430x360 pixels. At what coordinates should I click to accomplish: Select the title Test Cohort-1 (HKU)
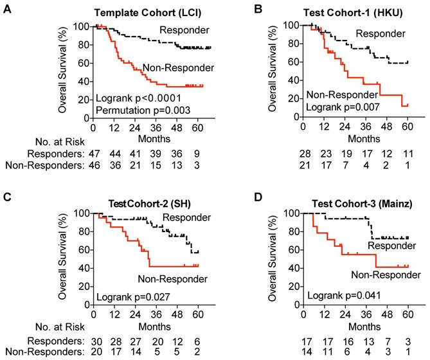(x=347, y=12)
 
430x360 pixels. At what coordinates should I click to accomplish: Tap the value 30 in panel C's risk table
(x=94, y=341)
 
